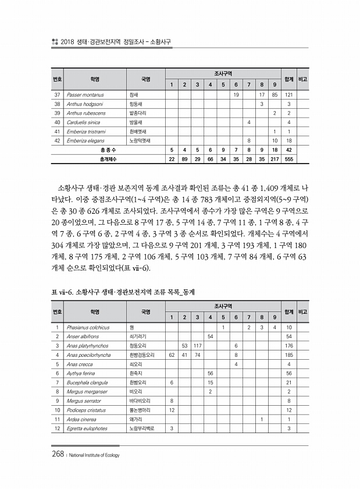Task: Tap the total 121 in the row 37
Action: pyautogui.click(x=288, y=94)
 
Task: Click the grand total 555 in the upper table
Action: pyautogui.click(x=288, y=159)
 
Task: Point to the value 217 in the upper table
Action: pyautogui.click(x=274, y=159)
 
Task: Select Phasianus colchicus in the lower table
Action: pyautogui.click(x=88, y=328)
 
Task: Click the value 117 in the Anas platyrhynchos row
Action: pyautogui.click(x=197, y=346)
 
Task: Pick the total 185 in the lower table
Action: pyautogui.click(x=288, y=355)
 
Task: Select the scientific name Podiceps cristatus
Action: pyautogui.click(x=87, y=410)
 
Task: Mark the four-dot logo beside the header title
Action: pyautogui.click(x=55, y=42)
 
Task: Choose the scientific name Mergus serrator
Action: pyautogui.click(x=83, y=401)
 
